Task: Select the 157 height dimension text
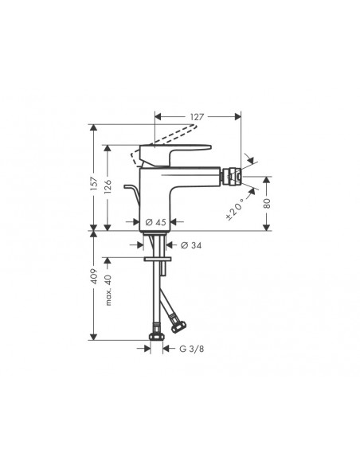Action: (x=93, y=184)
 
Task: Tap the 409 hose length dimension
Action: (x=93, y=279)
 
